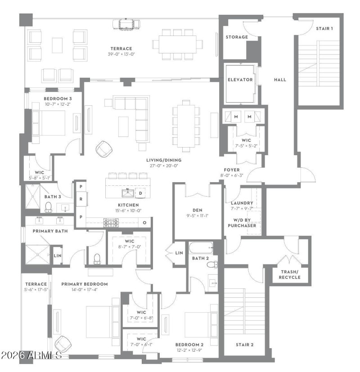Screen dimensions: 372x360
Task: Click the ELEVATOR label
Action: point(240,80)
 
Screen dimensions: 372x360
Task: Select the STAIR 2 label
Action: point(245,345)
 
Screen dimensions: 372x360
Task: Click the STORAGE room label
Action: point(237,37)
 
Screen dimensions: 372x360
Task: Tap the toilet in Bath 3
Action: point(49,207)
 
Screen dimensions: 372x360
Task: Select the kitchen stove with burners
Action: point(111,222)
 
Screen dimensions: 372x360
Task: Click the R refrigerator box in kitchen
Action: point(81,198)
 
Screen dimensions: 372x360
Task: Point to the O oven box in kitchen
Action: point(145,222)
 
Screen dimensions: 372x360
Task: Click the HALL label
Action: point(280,80)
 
